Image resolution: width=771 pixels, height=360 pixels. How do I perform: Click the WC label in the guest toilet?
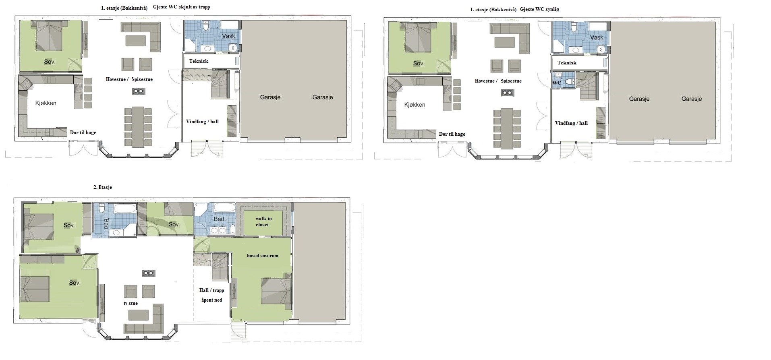(x=556, y=83)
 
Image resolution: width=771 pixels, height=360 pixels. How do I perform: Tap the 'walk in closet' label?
(x=263, y=221)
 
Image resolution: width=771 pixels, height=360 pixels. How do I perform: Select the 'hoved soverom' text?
(x=263, y=256)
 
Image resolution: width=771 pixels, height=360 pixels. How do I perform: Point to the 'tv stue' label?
(x=131, y=303)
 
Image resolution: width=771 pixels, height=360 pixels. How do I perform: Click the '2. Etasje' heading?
(x=103, y=187)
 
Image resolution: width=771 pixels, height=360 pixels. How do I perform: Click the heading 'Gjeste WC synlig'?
(x=539, y=9)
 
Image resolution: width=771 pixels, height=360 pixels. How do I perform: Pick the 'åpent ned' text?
(x=211, y=300)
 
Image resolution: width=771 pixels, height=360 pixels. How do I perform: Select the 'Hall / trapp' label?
(x=211, y=290)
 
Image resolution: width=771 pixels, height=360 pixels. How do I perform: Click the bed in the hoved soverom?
(x=276, y=291)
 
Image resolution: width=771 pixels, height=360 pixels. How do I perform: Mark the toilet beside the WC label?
(x=570, y=82)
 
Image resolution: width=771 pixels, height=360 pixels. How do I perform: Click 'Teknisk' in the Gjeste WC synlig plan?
(x=567, y=63)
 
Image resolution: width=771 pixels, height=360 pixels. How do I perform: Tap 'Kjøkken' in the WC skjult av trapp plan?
(x=46, y=103)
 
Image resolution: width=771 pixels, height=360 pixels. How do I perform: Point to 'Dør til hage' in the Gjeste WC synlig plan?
(x=452, y=134)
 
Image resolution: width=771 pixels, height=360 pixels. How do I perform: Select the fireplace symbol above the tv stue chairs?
(x=148, y=273)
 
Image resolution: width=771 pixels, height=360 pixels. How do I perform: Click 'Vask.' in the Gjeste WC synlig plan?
(x=597, y=37)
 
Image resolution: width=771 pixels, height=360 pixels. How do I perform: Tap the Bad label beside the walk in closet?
(x=219, y=219)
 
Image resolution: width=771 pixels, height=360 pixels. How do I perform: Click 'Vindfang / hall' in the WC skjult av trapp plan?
(x=202, y=122)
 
